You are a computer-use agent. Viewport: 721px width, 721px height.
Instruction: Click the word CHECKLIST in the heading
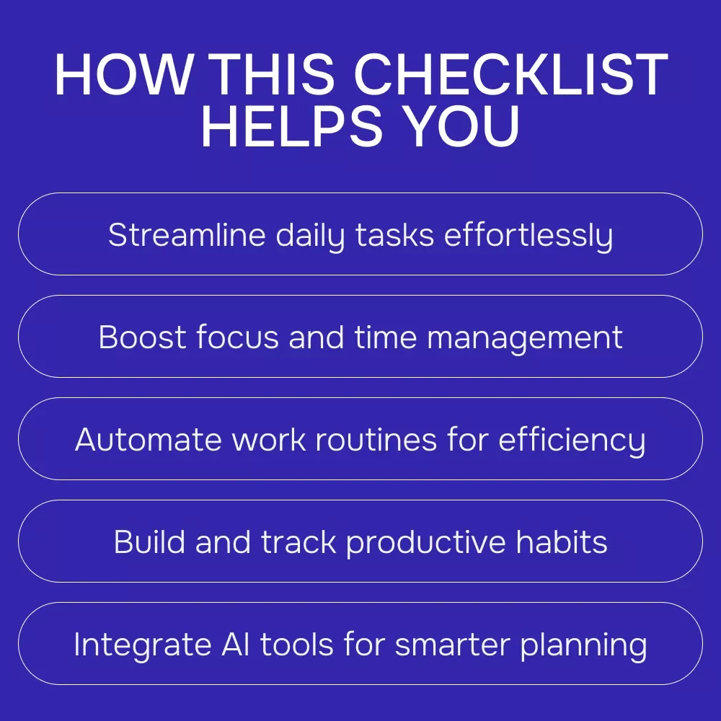[510, 74]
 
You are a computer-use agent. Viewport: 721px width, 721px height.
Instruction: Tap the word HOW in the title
[123, 74]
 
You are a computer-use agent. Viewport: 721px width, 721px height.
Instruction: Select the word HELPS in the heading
[292, 125]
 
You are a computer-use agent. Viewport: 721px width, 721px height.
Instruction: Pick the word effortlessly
[528, 236]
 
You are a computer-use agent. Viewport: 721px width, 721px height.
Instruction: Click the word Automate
[149, 440]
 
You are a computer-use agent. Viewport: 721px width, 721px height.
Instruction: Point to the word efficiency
[572, 441]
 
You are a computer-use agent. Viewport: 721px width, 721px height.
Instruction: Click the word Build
[149, 541]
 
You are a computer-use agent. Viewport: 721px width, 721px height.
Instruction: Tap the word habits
[562, 541]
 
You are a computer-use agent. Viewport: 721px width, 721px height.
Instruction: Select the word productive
[426, 544]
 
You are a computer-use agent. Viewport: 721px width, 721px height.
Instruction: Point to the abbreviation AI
[236, 644]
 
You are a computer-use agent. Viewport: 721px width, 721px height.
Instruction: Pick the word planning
[584, 646]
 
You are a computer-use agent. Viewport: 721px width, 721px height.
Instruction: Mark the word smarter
[453, 645]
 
